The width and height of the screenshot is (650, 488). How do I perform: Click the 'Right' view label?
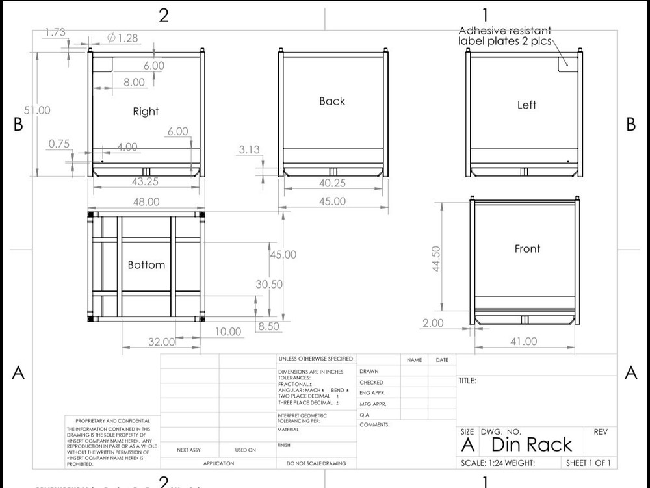[x=146, y=111]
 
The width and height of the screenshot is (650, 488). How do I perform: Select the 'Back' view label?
[x=332, y=101]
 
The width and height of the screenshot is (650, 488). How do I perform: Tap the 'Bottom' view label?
[x=146, y=264]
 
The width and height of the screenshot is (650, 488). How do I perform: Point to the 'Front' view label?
[x=527, y=248]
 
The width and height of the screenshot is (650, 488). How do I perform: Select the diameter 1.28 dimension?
[x=123, y=38]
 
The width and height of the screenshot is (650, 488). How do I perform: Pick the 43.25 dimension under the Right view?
[x=146, y=182]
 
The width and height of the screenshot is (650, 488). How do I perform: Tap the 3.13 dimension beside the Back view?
[x=249, y=149]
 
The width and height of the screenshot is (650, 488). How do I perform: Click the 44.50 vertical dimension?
[x=436, y=259]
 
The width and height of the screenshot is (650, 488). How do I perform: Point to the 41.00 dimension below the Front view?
[x=524, y=341]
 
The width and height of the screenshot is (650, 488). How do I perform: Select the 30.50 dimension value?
[x=269, y=284]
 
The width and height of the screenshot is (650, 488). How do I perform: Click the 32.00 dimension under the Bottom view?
[x=162, y=342]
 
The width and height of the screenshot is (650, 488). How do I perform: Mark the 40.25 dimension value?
[x=332, y=183]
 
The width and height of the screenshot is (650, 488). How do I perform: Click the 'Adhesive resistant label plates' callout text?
[x=505, y=36]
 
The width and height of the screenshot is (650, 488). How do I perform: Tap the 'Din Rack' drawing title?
[x=532, y=444]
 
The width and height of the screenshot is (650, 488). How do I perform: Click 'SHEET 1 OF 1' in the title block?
[x=588, y=463]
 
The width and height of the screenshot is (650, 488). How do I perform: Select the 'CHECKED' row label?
[x=371, y=383]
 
